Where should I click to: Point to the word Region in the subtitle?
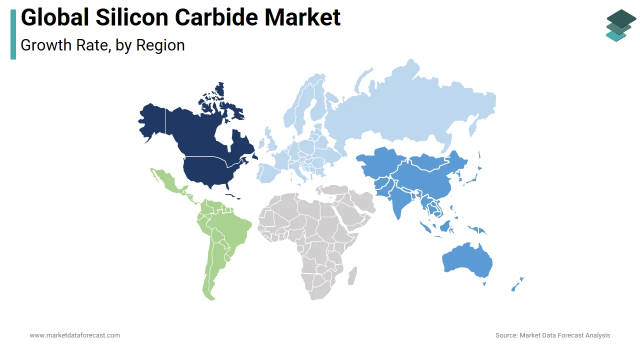click(160, 45)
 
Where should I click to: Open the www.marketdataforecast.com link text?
click(75, 335)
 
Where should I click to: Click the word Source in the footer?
click(506, 335)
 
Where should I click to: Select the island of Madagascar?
click(352, 275)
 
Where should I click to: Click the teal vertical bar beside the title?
click(13, 34)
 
